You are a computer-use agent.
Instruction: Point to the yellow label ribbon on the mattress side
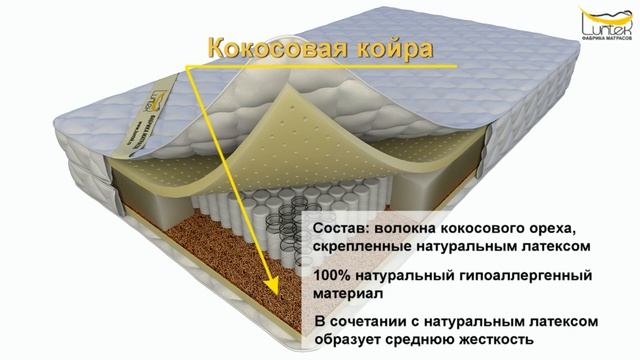(125, 141)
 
